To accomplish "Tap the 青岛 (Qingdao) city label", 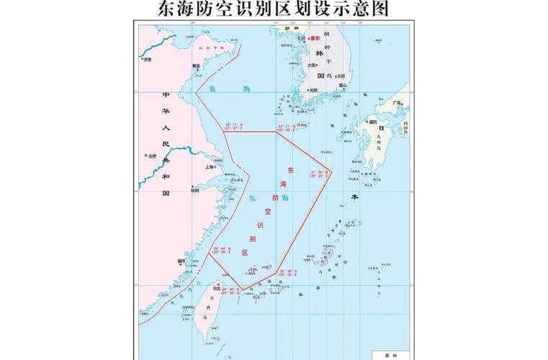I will click(196, 66).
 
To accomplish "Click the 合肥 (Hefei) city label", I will click(151, 155).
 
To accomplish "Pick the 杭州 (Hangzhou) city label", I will click(194, 190).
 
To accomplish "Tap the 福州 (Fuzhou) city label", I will click(181, 261).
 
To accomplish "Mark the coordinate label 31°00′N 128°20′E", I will click(319, 174).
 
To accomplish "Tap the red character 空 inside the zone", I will click(267, 212).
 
